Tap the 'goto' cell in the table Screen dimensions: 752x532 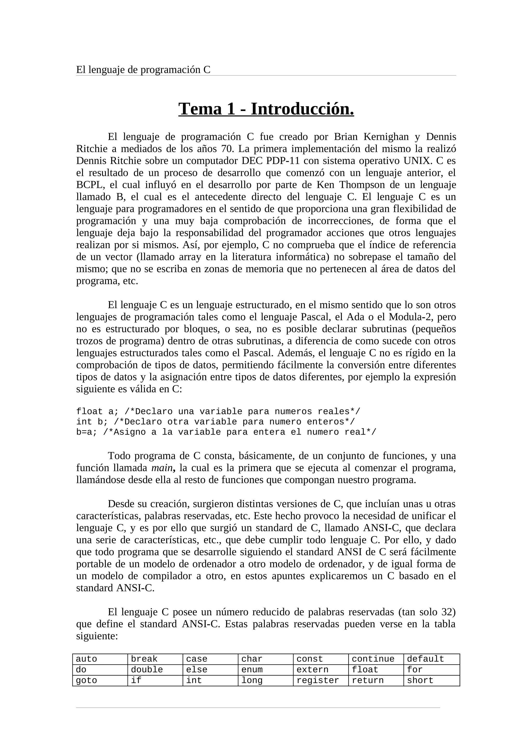(100, 681)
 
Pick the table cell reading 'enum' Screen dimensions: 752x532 (265, 670)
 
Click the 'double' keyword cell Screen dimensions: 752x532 (155, 670)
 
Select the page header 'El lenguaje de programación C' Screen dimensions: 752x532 (143, 70)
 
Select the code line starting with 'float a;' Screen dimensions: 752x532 (218, 412)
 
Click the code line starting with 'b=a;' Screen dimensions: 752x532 (226, 432)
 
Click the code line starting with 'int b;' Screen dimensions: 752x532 (215, 422)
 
